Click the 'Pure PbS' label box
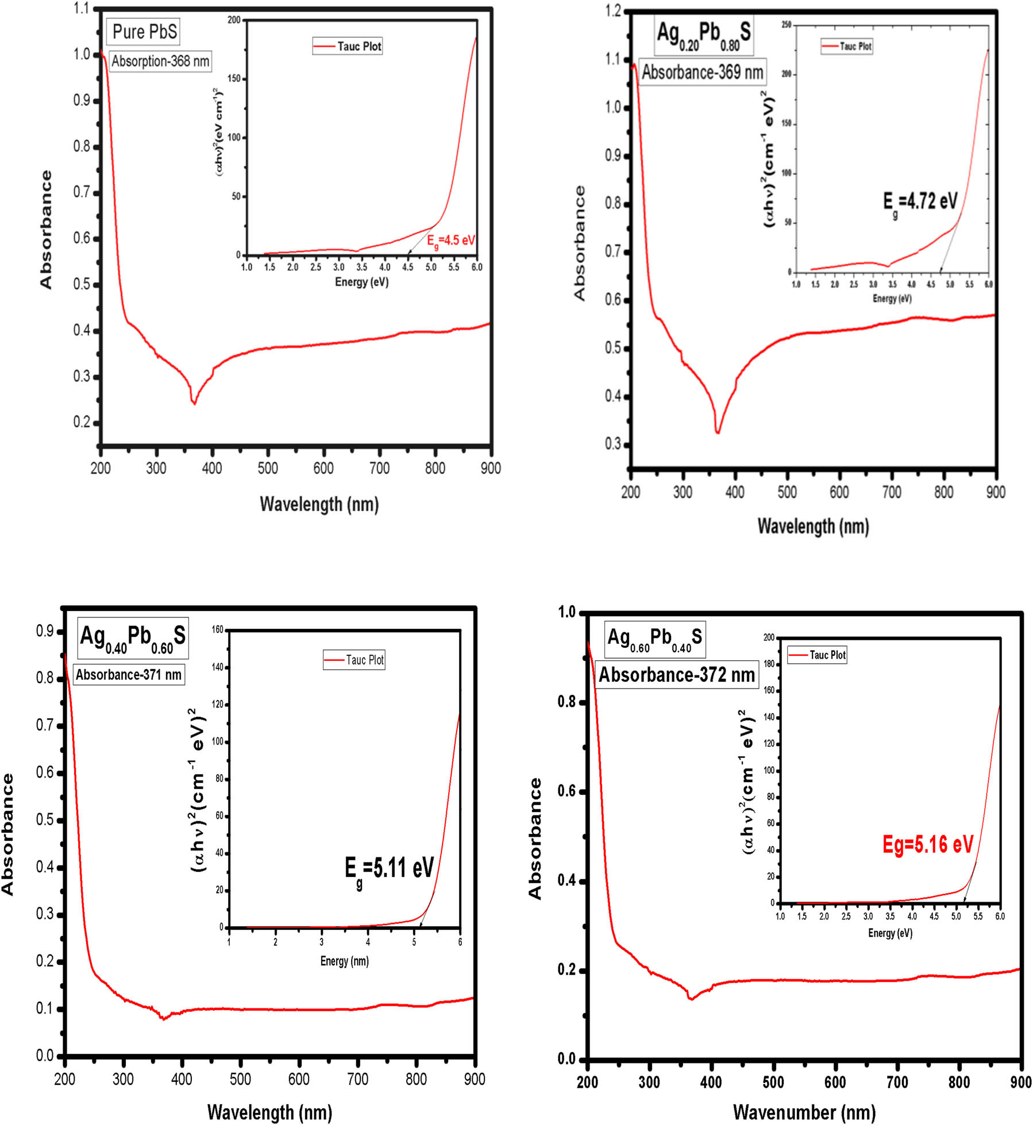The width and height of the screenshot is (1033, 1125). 144,32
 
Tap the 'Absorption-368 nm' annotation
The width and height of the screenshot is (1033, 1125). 160,61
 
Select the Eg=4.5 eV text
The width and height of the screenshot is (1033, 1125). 451,241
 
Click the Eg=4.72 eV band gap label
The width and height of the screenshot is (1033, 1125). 920,203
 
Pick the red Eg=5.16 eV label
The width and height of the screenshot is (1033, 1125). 928,844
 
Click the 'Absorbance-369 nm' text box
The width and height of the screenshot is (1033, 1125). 702,72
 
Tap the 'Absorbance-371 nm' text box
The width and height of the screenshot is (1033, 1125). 129,674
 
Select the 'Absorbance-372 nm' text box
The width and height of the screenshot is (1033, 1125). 677,674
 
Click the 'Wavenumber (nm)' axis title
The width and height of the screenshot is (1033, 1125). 804,1112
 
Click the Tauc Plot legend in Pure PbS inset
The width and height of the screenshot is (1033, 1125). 348,47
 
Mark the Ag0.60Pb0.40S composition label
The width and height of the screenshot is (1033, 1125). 654,639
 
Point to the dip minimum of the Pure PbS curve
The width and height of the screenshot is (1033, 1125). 194,403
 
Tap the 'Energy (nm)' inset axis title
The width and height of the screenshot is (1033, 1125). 344,961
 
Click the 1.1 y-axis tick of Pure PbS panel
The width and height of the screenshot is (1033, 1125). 82,9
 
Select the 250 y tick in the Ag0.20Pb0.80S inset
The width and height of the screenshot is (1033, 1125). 786,25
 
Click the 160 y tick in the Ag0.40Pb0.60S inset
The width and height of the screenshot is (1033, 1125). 218,629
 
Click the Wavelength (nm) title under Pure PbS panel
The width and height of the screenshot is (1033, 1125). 319,504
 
